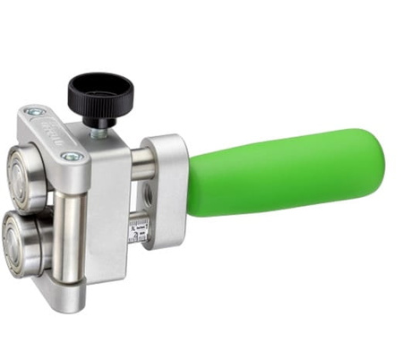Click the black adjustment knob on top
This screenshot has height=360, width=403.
[x=100, y=92]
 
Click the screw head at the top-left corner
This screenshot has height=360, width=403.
[x=35, y=113]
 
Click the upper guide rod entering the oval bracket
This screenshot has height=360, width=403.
[x=141, y=160]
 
